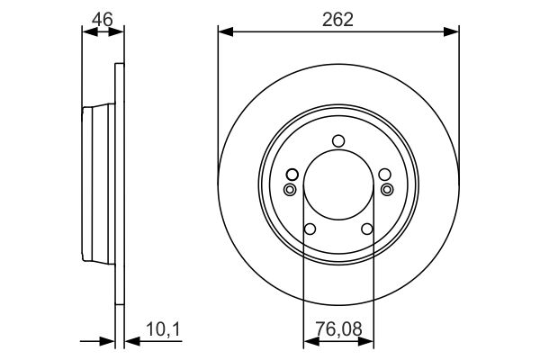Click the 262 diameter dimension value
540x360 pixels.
tap(337, 20)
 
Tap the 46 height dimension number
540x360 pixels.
tap(103, 19)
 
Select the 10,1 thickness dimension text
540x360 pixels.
tap(163, 329)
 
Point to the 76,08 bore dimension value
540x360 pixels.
tap(339, 328)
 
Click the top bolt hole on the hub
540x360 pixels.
tap(338, 141)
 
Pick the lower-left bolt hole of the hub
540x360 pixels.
tap(310, 229)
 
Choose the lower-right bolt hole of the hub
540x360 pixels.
tap(367, 229)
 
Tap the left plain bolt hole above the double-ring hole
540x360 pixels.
tap(292, 175)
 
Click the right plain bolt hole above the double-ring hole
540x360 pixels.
tap(384, 175)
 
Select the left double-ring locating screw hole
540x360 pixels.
tap(290, 189)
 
